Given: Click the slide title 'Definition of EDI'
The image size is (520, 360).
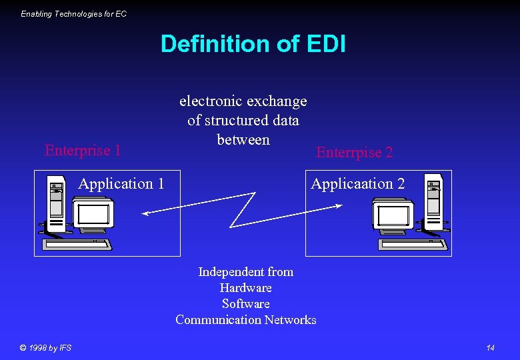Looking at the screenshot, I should (x=253, y=44).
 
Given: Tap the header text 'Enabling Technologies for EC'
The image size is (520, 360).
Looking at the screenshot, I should (x=73, y=13).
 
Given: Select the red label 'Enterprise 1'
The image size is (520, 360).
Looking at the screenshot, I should (x=83, y=150).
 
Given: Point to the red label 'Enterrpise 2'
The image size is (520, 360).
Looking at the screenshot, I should (x=355, y=153).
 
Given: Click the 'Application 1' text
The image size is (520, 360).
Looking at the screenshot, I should (x=121, y=183).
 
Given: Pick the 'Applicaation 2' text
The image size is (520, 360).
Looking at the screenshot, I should (x=357, y=183).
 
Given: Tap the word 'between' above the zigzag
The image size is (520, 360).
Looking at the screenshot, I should (x=243, y=140).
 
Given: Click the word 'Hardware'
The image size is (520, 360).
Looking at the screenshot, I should (x=245, y=288).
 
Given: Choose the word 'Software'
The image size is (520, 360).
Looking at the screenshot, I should (x=245, y=304).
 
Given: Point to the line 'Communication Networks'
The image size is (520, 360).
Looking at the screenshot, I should (x=245, y=320).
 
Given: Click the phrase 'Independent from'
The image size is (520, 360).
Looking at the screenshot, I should (x=245, y=272).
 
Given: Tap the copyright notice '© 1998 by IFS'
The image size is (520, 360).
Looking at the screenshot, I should (x=45, y=347).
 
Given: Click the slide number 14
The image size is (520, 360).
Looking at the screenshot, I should (x=490, y=347).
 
